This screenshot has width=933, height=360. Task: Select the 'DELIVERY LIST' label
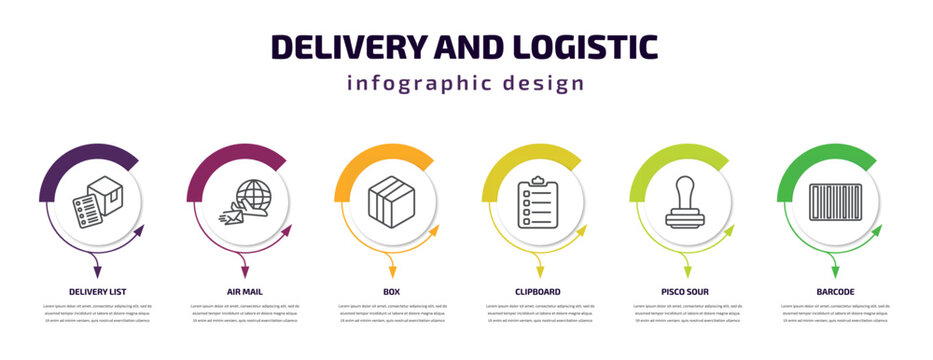click(97, 291)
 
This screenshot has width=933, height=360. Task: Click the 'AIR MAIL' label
click(244, 291)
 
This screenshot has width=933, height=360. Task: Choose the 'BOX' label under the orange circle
click(392, 291)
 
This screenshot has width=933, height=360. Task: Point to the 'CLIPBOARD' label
click(539, 291)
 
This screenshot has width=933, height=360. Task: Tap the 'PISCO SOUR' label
click(687, 291)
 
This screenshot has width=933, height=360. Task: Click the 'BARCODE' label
click(834, 291)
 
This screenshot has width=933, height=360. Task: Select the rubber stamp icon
click(687, 203)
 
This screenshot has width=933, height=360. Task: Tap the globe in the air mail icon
click(253, 193)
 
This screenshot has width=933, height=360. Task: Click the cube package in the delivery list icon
click(106, 193)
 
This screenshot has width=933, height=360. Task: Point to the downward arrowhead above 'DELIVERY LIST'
click(97, 270)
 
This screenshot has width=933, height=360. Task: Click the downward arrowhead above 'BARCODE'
click(834, 270)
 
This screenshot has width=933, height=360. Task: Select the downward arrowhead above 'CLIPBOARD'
click(539, 270)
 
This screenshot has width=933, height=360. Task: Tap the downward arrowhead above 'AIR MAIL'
click(244, 270)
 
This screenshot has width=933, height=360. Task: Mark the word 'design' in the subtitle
click(546, 83)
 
